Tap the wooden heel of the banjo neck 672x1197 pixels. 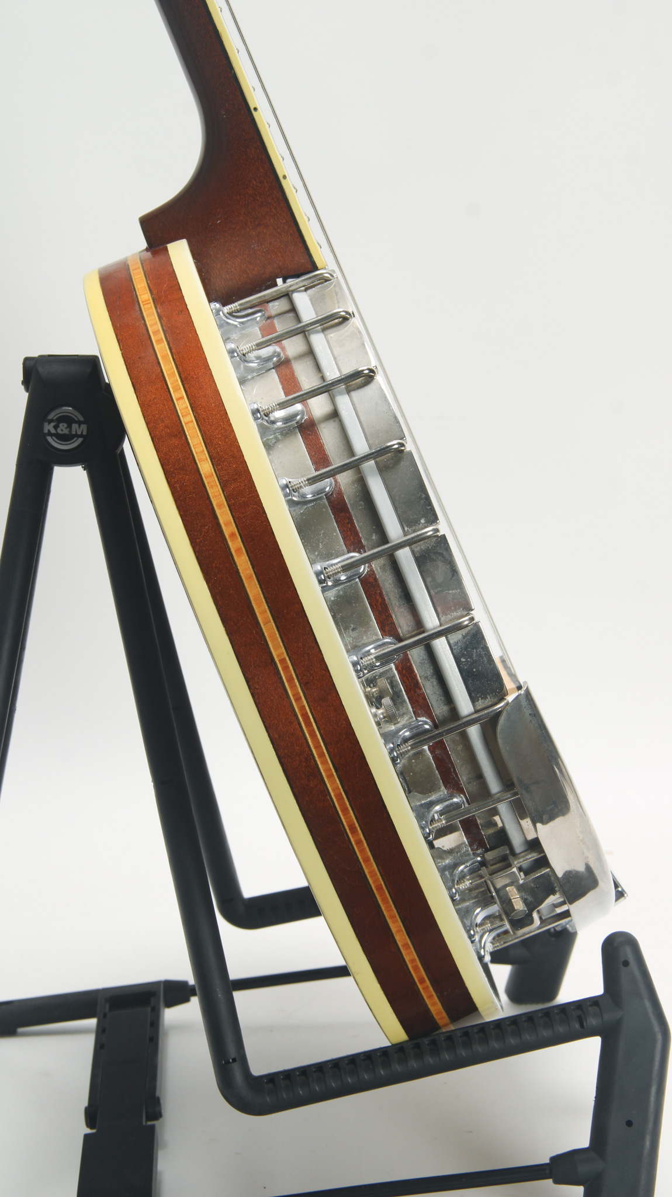pos(234,199)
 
